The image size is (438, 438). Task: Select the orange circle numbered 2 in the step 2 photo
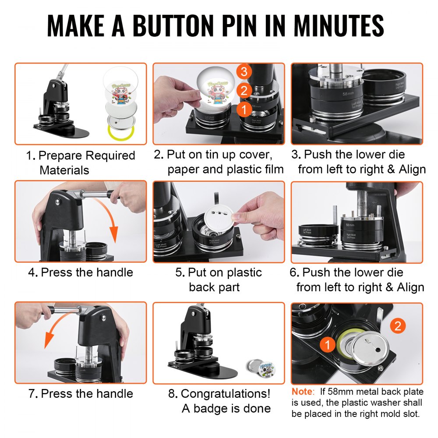(x=244, y=91)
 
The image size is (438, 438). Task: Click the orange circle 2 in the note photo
(x=397, y=325)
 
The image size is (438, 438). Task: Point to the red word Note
(x=301, y=391)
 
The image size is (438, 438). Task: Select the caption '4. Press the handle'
(x=80, y=272)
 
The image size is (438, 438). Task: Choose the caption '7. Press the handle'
(x=80, y=393)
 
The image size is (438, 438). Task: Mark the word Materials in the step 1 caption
(x=64, y=170)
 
